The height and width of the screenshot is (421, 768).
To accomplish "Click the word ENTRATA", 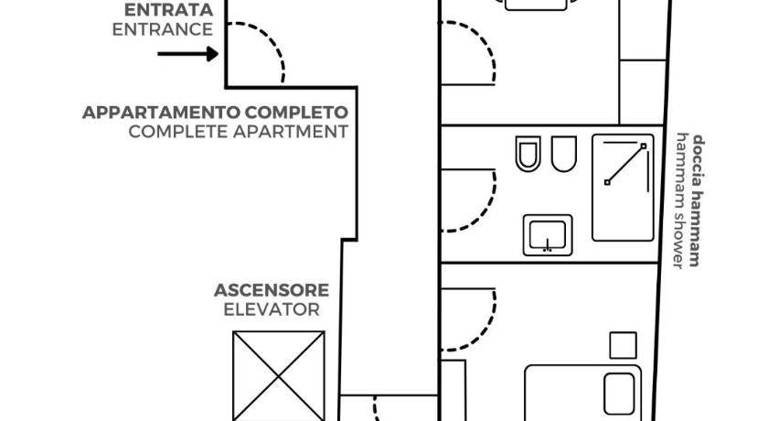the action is click(x=168, y=10).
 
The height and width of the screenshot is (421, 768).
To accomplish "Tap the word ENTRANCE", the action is click(x=163, y=29).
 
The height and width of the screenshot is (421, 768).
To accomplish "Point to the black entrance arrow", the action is click(x=188, y=54).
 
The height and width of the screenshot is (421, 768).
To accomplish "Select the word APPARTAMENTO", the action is click(x=162, y=113).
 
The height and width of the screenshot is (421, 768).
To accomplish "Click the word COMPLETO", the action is click(x=297, y=113).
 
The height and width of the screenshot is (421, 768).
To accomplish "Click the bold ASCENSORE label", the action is click(x=272, y=290).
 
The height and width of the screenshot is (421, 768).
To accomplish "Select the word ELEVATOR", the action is click(x=272, y=309).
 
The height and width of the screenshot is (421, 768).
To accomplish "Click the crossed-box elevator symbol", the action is click(x=279, y=376).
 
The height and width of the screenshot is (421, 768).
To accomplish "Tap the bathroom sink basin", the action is click(x=548, y=235).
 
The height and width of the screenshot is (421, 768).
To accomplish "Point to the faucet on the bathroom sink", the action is click(x=548, y=245).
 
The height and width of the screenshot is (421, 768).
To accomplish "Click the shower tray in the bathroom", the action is click(x=623, y=188).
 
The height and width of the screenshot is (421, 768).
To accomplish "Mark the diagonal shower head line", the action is click(x=625, y=164).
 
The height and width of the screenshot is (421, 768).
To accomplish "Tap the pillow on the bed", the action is click(x=619, y=394).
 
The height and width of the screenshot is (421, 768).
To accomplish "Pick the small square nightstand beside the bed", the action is click(x=623, y=346).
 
